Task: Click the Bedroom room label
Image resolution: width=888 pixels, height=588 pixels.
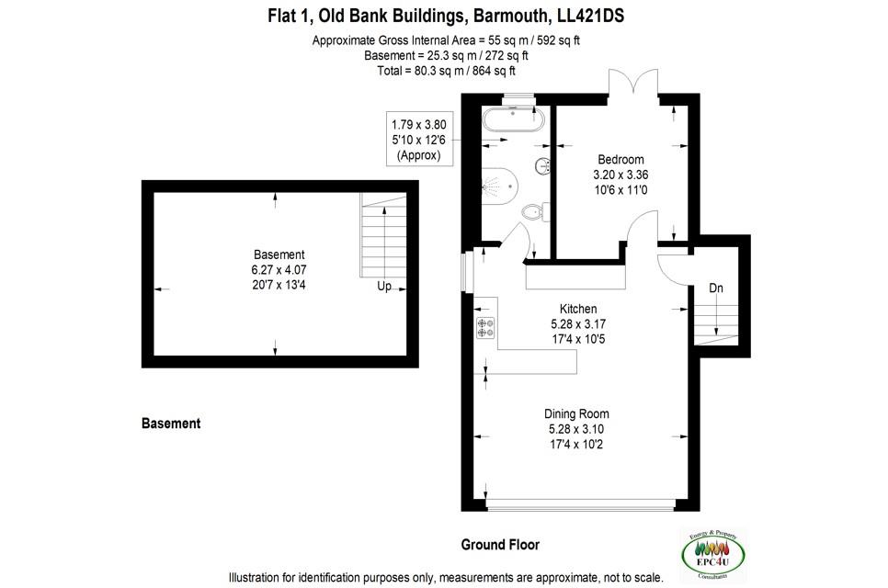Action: tap(620, 159)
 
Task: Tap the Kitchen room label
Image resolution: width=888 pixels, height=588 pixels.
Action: tap(578, 309)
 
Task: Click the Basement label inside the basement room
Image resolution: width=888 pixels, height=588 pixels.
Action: tap(279, 254)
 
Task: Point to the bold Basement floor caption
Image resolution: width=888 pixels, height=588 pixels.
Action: tap(171, 424)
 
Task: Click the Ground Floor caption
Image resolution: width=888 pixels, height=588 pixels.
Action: tap(500, 545)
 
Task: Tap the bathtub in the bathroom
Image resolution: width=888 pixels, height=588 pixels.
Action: tap(514, 121)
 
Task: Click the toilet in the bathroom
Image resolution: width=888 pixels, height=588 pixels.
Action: tap(533, 213)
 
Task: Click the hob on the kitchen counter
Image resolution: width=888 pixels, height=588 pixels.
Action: tap(485, 326)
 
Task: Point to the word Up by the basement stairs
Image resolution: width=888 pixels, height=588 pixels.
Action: tap(384, 286)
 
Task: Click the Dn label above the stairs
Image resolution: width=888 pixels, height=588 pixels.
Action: tap(716, 288)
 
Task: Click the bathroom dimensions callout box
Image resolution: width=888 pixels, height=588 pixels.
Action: tap(418, 139)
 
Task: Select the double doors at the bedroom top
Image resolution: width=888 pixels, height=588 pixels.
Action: tap(632, 84)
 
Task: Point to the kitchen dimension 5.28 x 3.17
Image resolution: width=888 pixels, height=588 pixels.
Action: tap(578, 324)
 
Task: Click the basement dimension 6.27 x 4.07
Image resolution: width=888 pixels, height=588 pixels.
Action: tap(279, 270)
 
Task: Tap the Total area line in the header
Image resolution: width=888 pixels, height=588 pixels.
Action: tap(446, 71)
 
